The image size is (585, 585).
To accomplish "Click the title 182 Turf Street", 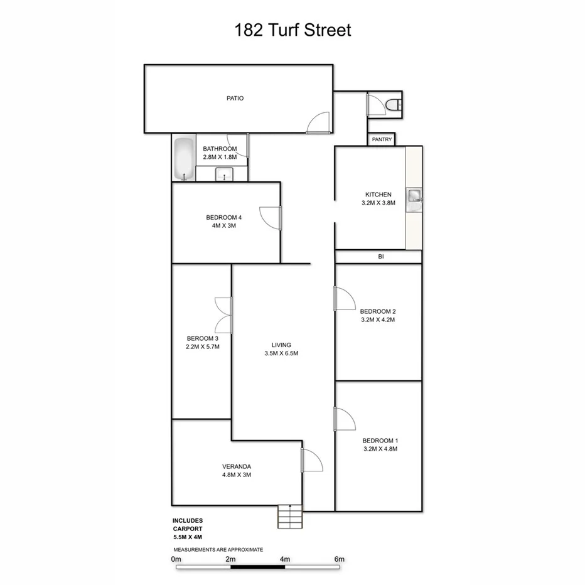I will (292, 30).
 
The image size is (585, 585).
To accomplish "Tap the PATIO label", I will (235, 98).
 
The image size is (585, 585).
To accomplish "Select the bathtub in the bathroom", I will (183, 159).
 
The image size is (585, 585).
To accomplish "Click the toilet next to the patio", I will (394, 105).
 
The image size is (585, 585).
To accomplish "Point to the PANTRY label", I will (382, 139).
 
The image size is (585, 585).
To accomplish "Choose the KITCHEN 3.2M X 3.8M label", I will (378, 199).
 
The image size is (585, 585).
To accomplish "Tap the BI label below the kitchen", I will (380, 257).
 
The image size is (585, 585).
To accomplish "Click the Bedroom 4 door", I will (271, 217).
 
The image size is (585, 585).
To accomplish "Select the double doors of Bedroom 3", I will (223, 315).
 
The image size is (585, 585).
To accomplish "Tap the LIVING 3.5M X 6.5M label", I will (281, 349).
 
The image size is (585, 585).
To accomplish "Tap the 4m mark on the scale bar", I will (285, 559).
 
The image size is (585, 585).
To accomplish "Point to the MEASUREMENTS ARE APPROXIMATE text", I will (218, 549).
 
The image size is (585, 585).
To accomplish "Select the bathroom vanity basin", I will (224, 175).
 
